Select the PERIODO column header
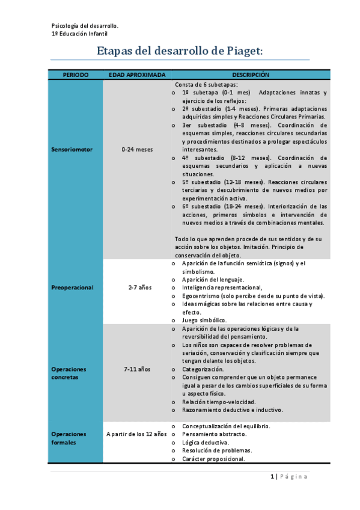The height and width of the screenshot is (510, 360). point(76,75)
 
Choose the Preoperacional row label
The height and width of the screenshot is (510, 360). point(73,287)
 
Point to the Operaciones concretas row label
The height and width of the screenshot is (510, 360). point(69,373)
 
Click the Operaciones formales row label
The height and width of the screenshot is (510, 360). point(69,438)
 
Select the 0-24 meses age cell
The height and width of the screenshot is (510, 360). point(136,149)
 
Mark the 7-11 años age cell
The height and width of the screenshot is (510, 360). point(137,369)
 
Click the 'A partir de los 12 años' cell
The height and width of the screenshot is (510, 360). point(136,434)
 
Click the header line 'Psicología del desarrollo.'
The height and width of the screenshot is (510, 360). point(85,26)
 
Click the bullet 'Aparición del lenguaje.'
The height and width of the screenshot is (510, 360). point(213,280)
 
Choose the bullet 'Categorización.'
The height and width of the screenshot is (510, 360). point(203,369)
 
